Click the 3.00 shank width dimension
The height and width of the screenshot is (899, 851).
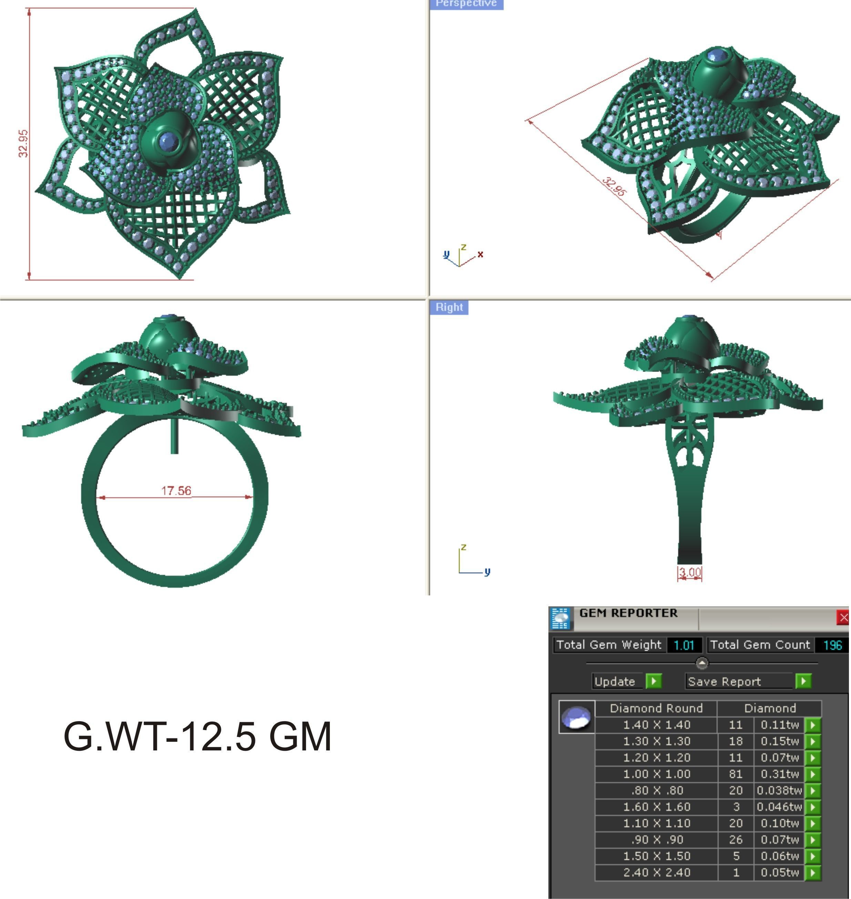689,573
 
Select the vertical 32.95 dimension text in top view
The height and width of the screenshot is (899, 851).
23,143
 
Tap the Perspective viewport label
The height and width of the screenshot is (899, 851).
466,4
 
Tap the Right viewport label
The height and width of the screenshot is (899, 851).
449,307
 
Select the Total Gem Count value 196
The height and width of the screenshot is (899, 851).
832,645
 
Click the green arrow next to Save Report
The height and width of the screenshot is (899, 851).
803,681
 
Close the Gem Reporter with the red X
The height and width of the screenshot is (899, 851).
843,618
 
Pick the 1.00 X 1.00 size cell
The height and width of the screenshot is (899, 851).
656,774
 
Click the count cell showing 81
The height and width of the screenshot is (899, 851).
735,774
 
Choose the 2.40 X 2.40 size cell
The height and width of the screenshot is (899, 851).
656,872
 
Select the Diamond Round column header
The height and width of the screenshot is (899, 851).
656,708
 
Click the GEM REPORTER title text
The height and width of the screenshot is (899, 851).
628,613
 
